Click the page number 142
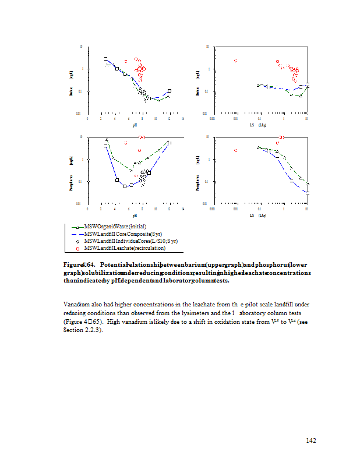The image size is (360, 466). (x=310, y=440)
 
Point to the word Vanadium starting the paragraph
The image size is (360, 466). (x=75, y=305)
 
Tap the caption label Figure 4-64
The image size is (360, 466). (x=79, y=264)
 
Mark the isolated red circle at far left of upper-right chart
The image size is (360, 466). (x=236, y=61)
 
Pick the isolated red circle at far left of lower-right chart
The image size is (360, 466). (x=236, y=151)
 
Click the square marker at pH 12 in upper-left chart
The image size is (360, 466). (x=170, y=91)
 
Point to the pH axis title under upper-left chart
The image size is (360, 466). (x=135, y=125)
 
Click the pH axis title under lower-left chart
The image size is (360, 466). (x=135, y=215)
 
